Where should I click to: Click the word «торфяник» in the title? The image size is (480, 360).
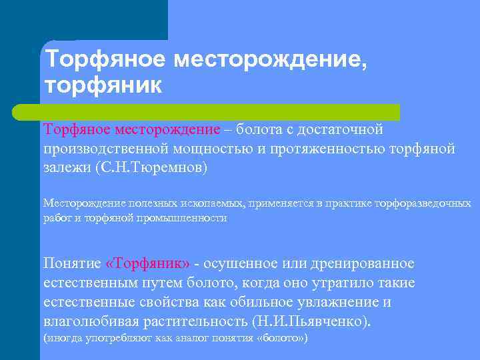[x=103, y=86]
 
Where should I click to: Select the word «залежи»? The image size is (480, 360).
[x=67, y=167]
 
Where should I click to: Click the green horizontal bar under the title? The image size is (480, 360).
[x=220, y=111]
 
